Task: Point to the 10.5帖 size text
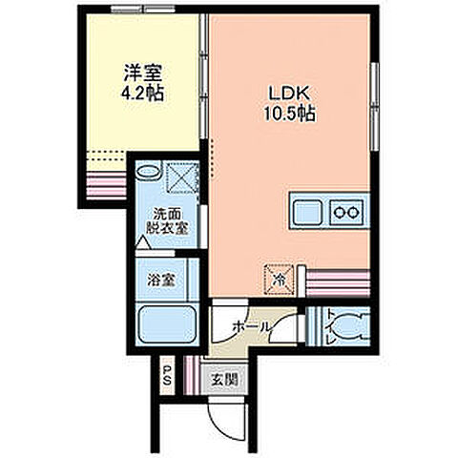tap(289, 114)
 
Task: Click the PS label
tap(166, 374)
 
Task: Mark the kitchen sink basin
tap(308, 211)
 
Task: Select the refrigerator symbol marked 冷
tap(279, 279)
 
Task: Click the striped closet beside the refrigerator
tap(337, 281)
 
